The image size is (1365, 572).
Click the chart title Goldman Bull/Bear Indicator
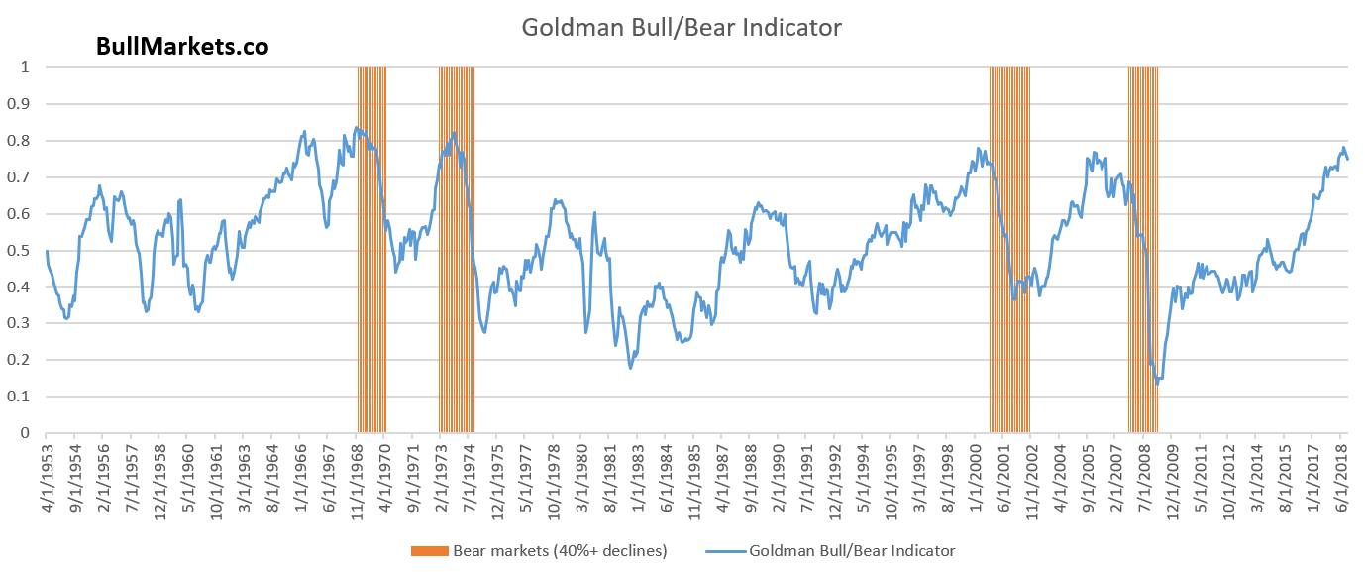point(682,28)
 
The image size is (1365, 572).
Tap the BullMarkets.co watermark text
point(182,46)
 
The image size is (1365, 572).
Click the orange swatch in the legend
point(428,551)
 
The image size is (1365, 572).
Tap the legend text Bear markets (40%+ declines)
point(560,551)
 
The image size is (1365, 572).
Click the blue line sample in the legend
point(726,551)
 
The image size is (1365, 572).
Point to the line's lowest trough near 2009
point(1156,383)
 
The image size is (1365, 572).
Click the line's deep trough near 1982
point(630,369)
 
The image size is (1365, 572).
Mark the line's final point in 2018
point(1347,159)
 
